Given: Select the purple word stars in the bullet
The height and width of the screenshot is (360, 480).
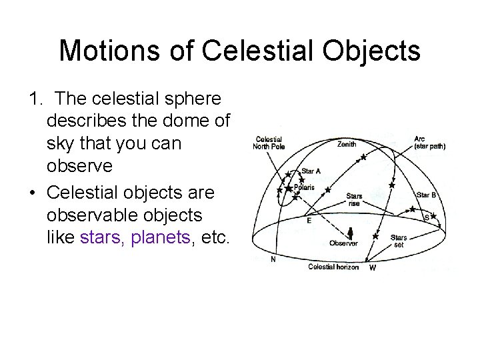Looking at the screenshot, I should tap(101, 237).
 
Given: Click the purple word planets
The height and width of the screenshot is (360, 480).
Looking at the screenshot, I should tap(159, 237).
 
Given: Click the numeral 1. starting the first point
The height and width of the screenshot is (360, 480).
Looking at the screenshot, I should tap(37, 99).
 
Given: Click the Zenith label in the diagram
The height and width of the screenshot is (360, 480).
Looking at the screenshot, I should tap(346, 143).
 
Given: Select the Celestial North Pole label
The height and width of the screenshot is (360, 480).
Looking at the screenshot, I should tap(269, 143).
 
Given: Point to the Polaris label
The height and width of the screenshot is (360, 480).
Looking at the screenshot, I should tap(305, 187).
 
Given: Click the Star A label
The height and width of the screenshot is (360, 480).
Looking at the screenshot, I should tap(311, 171).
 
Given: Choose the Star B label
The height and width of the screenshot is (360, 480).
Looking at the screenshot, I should tap(426, 195).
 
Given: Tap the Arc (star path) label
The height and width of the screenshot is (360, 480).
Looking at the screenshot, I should tap(429, 142).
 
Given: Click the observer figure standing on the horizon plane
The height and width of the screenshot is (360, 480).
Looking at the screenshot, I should tap(349, 233).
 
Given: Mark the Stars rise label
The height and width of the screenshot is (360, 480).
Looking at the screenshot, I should tap(354, 199).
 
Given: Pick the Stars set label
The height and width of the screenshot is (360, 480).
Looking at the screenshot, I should tap(399, 240).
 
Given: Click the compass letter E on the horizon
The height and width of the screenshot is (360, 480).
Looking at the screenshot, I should tap(308, 219).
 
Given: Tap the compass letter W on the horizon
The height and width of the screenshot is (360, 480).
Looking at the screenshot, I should tap(372, 268).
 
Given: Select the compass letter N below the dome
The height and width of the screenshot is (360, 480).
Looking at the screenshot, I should tap(273, 260).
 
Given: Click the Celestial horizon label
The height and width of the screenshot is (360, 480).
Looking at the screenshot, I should tap(333, 267).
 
